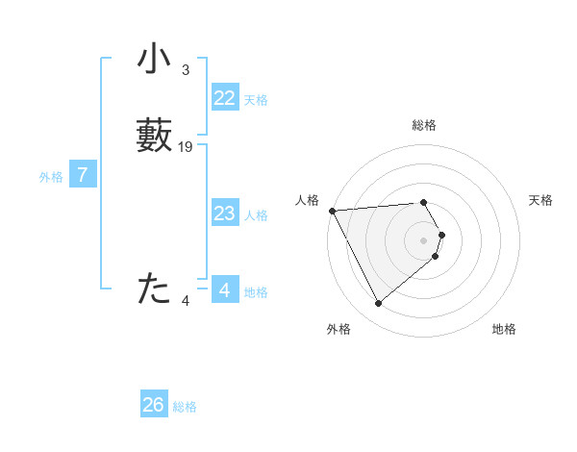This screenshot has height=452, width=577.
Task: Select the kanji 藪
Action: tap(154, 135)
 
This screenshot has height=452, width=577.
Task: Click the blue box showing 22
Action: tap(225, 98)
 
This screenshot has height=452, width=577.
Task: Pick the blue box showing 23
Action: tap(225, 213)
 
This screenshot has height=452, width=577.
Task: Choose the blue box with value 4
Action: tap(225, 290)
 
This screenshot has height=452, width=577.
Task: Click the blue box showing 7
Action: tap(83, 175)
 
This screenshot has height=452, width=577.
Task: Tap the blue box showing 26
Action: tap(154, 405)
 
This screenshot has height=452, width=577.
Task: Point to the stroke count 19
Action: tap(186, 147)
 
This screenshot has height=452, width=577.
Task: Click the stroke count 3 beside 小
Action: tap(186, 70)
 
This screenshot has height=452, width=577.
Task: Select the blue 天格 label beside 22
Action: tap(256, 100)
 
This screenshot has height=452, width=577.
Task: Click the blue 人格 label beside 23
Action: tap(256, 215)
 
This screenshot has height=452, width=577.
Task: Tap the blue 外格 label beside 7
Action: tap(51, 177)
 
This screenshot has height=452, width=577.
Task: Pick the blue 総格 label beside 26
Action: tap(185, 407)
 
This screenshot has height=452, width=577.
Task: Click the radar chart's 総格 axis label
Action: tap(424, 126)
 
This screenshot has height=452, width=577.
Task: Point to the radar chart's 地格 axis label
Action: tap(504, 330)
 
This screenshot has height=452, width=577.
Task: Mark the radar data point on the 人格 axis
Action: tap(332, 211)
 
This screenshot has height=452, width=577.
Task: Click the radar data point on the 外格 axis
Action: tap(379, 304)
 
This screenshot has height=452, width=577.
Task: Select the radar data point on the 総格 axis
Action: tap(424, 203)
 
